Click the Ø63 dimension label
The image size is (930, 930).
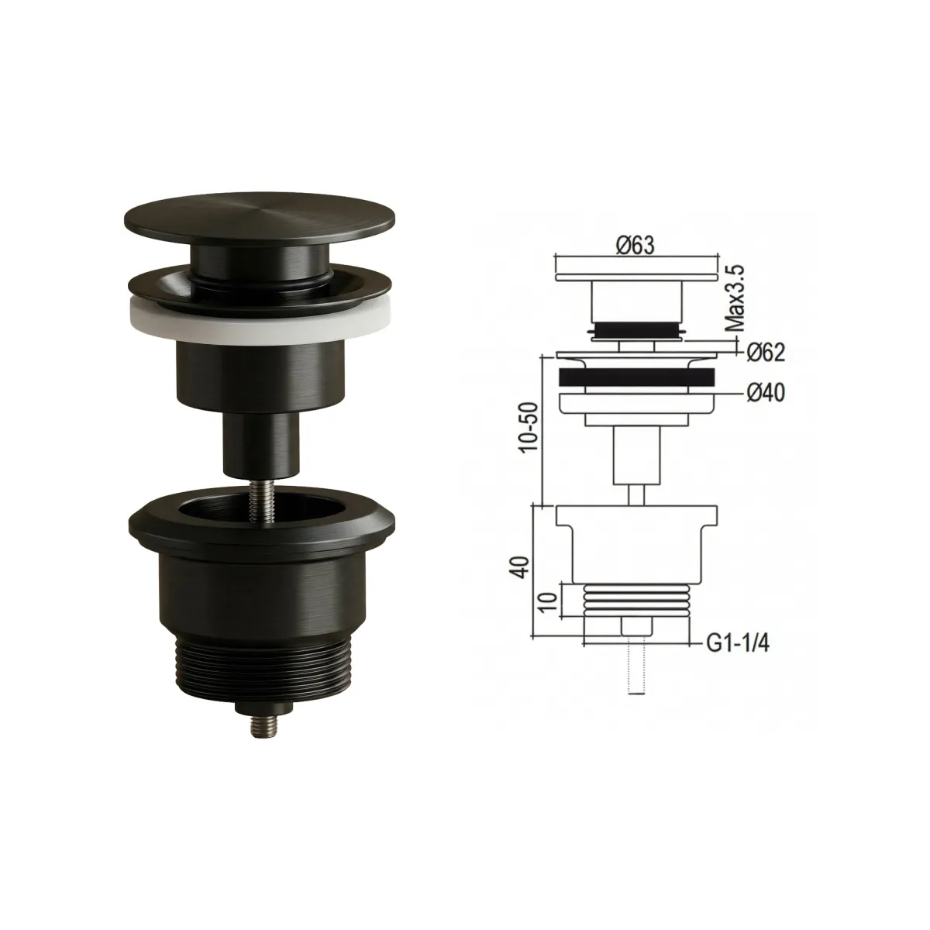[636, 246]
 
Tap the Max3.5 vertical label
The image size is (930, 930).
[736, 298]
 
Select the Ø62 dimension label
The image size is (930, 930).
[766, 353]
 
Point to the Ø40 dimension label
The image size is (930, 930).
[766, 394]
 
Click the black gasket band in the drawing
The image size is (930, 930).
[636, 377]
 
